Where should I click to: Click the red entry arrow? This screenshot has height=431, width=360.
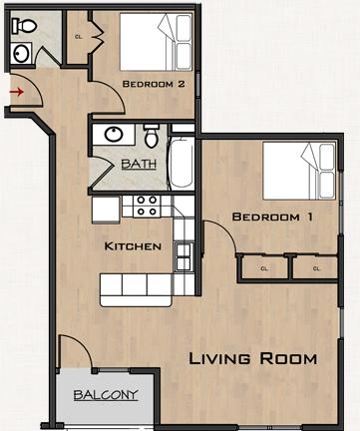pos(17,92)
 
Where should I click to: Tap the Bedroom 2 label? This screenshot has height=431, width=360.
pos(154,84)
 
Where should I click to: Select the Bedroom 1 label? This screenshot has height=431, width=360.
pos(272,216)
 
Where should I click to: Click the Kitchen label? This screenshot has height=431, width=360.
pos(133,246)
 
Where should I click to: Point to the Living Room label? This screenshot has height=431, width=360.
pos(252,359)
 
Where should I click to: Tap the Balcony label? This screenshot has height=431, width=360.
pos(106,395)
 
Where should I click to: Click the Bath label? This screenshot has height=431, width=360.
pos(139,164)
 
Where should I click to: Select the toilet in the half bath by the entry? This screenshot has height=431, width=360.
pos(24,26)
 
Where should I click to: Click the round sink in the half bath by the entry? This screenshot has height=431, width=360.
pos(21,53)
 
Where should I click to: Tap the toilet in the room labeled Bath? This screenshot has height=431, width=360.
pos(152,136)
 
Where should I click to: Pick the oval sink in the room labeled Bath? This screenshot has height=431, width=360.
pos(114,134)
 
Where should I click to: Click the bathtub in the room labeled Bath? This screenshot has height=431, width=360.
pos(181,164)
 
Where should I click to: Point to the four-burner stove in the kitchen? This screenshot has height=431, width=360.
pos(147,207)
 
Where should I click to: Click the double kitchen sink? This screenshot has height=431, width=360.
pos(183,256)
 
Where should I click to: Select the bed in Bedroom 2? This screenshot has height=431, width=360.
pos(156,42)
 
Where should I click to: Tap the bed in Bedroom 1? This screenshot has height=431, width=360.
pos(299,171)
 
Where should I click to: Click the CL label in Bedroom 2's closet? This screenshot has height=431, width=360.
pos(79,37)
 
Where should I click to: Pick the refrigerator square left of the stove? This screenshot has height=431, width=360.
pos(106,210)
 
